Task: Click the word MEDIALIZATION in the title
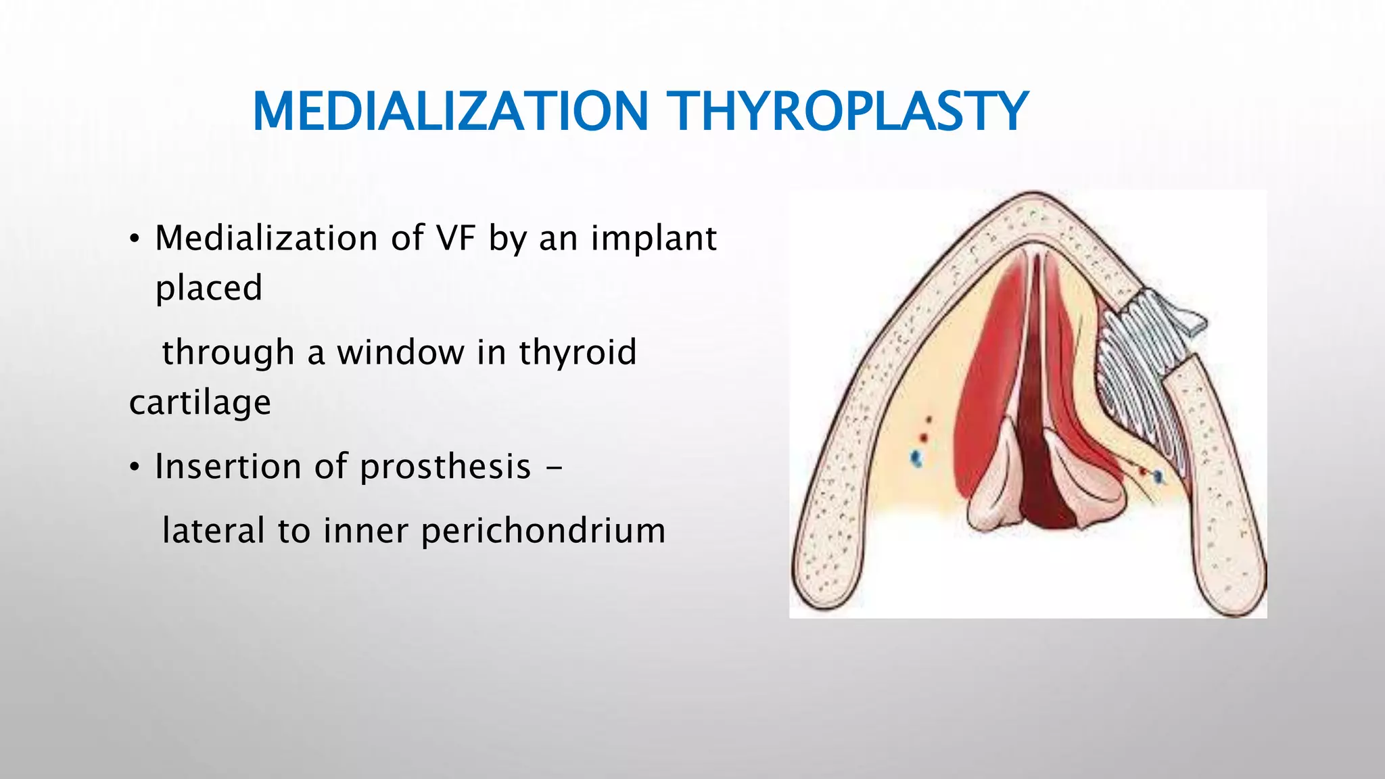[450, 112]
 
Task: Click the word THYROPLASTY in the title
[847, 112]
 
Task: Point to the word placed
[208, 288]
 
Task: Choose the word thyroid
[578, 353]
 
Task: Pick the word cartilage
[200, 403]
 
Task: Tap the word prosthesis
[445, 467]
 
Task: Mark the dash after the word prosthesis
[553, 468]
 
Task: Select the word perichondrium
[543, 531]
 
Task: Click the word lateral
[214, 531]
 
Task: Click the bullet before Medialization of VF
[135, 239]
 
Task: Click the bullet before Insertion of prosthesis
[135, 468]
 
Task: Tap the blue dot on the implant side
[1158, 477]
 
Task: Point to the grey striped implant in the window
[1136, 379]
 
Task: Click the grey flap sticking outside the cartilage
[1187, 318]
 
